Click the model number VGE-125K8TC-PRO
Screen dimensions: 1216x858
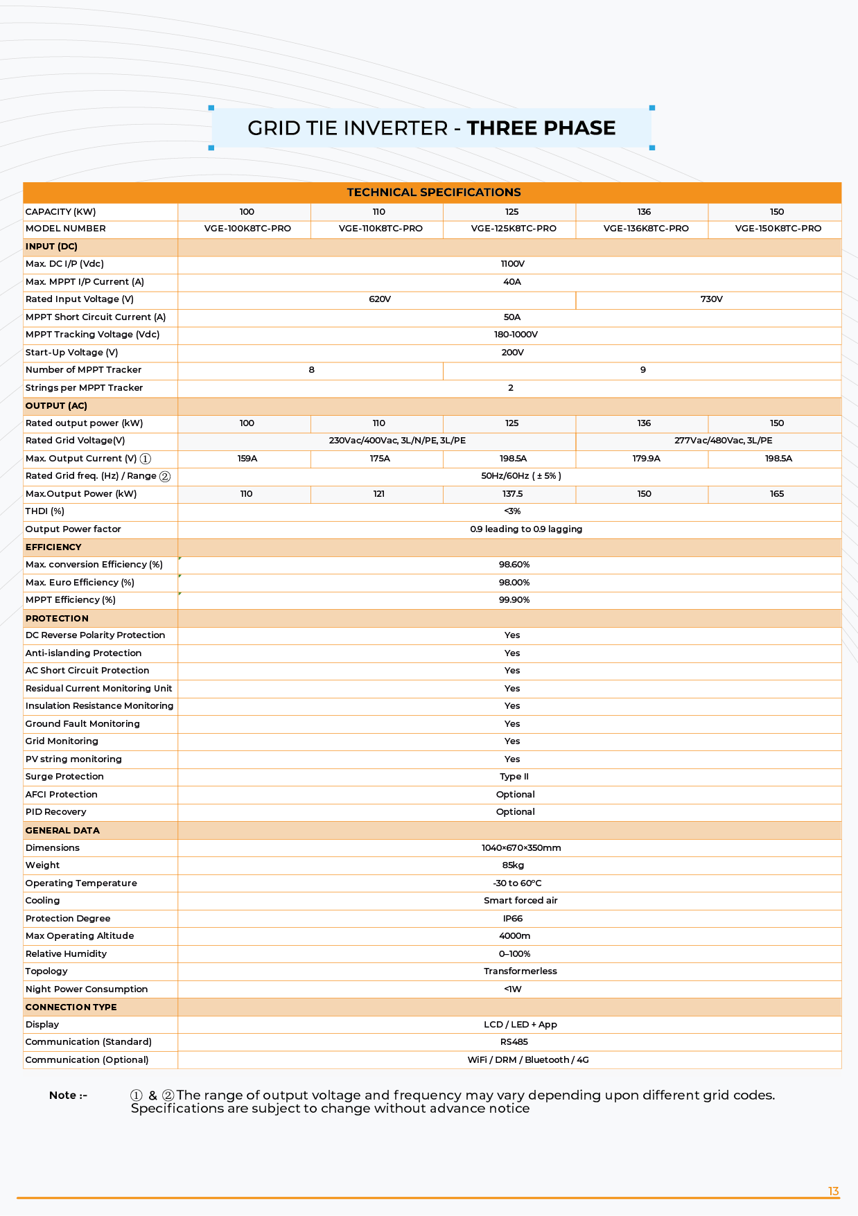pos(513,229)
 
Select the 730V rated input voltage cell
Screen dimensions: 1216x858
pos(711,299)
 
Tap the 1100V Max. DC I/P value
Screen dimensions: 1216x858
pos(512,264)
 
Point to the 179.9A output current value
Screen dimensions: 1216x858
pos(646,459)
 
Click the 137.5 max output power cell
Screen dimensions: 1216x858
pos(512,494)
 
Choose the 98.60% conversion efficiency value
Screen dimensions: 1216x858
pos(514,565)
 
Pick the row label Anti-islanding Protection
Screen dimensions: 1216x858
pos(83,653)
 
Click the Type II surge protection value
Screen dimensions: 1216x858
pos(514,777)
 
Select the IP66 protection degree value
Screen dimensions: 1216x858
pos(512,919)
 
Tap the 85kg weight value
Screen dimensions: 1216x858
pos(513,865)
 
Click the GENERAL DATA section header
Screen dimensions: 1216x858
pos(62,830)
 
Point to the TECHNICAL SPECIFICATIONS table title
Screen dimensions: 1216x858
pos(433,193)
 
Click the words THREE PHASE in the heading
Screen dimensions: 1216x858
pos(541,128)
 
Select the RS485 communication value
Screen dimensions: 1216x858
pos(514,1042)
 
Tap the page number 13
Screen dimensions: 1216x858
pos(833,1192)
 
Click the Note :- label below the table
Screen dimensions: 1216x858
pos(68,1095)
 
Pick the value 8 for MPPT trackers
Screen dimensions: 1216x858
pos(311,370)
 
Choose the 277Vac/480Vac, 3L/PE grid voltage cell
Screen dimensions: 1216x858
pos(723,441)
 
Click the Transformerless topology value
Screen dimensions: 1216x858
pos(520,971)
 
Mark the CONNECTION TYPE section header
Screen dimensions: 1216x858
pos(71,1007)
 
